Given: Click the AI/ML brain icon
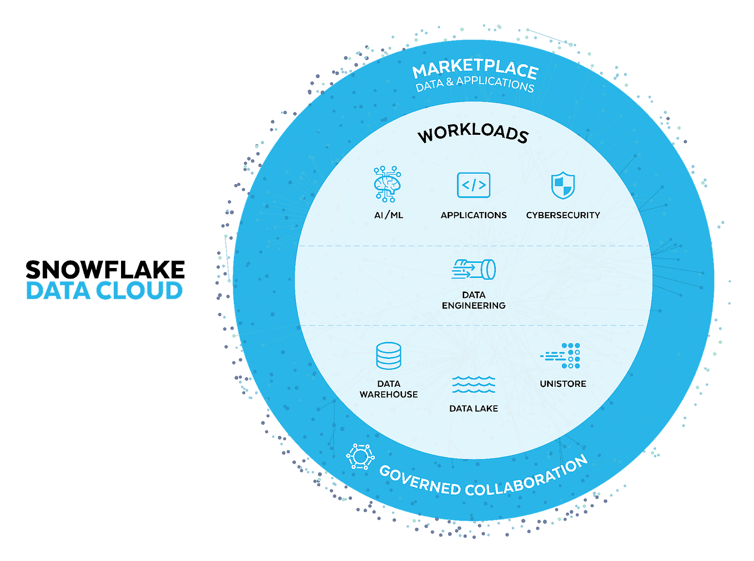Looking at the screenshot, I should (x=388, y=184).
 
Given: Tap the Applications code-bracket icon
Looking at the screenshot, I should (x=474, y=185).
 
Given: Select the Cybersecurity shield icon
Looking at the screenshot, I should (x=562, y=185).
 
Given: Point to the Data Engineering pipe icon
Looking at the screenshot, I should (x=474, y=270).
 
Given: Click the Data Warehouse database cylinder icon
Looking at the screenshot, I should (x=389, y=356).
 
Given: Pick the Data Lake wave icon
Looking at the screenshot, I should (x=474, y=384).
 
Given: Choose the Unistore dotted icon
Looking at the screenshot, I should (x=562, y=356).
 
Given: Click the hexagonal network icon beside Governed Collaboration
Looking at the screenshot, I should (x=360, y=457).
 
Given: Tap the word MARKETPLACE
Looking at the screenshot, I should (x=475, y=69).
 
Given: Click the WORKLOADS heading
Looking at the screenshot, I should (x=473, y=133).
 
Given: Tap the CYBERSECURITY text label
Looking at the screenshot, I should (x=563, y=215).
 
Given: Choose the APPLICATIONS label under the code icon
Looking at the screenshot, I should (x=474, y=215).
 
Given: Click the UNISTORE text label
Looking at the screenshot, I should (x=563, y=384).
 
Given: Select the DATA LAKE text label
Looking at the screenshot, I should (x=474, y=408).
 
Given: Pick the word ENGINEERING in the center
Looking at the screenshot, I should (x=474, y=306).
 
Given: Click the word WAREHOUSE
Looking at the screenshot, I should (x=389, y=395).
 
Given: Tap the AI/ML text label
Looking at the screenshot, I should (x=389, y=215).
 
